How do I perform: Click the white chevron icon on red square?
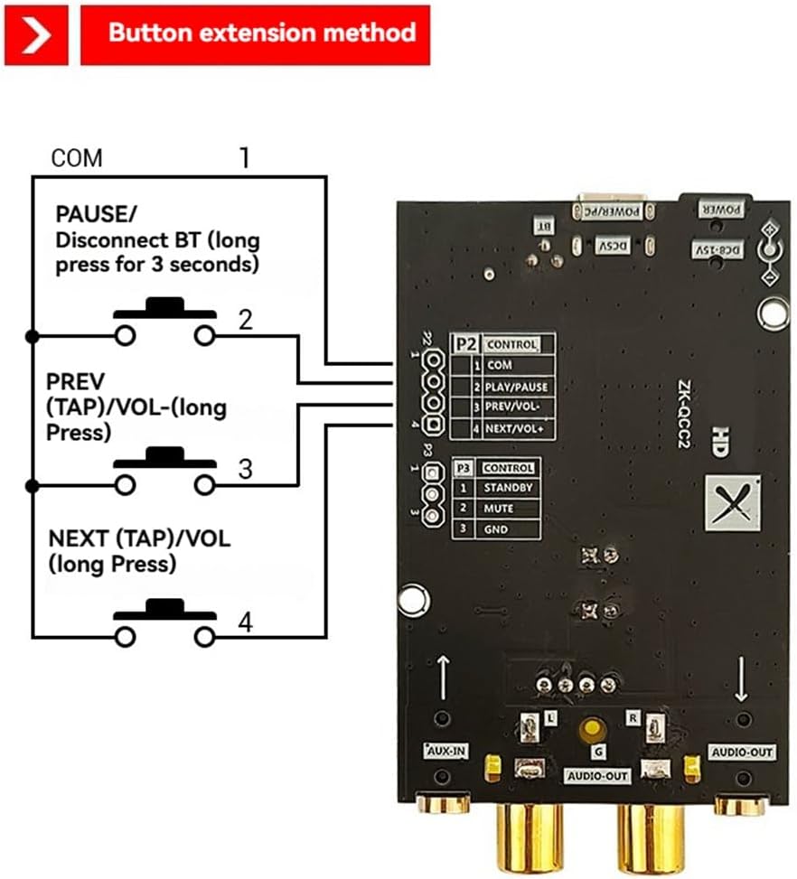(x=35, y=34)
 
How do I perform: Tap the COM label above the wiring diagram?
(x=77, y=158)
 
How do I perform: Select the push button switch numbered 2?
(x=164, y=322)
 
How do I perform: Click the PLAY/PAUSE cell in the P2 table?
(x=515, y=387)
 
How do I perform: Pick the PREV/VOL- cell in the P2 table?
(x=515, y=407)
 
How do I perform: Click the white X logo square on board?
(x=732, y=503)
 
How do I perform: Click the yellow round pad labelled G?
(x=593, y=728)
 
